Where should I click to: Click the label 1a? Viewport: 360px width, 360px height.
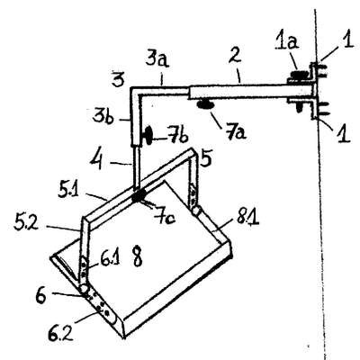click(286, 42)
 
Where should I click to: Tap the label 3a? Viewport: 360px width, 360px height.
click(157, 59)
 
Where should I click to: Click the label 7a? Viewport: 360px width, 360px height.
click(234, 131)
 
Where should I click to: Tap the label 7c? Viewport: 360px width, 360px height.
click(165, 216)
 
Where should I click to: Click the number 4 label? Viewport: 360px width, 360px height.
click(97, 159)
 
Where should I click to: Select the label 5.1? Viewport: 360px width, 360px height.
click(67, 191)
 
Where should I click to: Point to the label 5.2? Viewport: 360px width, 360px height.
click(26, 222)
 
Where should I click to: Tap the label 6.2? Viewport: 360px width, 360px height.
click(60, 332)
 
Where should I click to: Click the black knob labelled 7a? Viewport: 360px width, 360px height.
click(205, 104)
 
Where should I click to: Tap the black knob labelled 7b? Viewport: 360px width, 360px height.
click(148, 136)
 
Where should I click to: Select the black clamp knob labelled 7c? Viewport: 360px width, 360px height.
click(138, 197)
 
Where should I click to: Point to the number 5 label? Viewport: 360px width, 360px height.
click(206, 157)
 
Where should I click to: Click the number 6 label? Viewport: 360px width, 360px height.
click(41, 296)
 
